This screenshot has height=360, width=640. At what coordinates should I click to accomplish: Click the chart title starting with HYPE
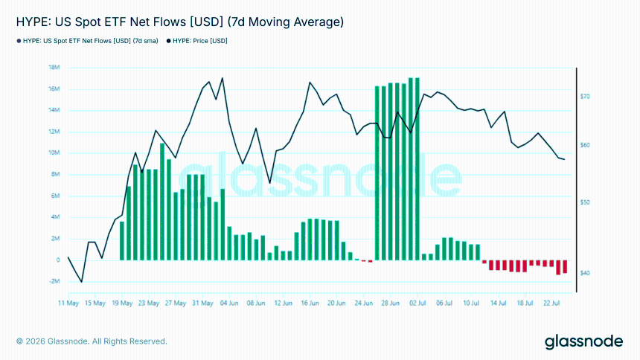(x=180, y=22)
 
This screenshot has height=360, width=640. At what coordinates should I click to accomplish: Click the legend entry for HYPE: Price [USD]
(x=196, y=41)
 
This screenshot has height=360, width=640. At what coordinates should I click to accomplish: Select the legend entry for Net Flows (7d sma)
(x=87, y=41)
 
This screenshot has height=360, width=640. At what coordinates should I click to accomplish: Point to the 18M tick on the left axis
(x=54, y=68)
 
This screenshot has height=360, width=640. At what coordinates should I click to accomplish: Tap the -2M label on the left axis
(x=54, y=281)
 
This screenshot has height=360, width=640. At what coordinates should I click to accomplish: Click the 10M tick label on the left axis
(x=54, y=152)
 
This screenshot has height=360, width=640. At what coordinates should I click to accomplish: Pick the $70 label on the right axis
(x=585, y=97)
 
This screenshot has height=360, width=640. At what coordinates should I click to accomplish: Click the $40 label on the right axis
(x=585, y=273)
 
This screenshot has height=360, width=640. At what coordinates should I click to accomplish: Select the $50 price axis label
(x=585, y=202)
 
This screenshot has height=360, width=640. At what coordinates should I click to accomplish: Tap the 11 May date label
(x=68, y=303)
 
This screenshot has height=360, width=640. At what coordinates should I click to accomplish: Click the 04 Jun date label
(x=229, y=303)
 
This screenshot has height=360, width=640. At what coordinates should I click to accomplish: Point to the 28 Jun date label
(x=390, y=303)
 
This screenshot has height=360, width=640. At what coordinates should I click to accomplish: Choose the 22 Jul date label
(x=551, y=303)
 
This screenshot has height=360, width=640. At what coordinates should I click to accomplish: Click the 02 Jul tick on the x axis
(x=417, y=303)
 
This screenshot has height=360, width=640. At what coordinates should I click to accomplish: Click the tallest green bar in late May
(x=162, y=202)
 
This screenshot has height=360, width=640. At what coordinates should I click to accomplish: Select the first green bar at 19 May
(x=121, y=241)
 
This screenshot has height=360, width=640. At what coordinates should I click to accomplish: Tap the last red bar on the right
(x=565, y=266)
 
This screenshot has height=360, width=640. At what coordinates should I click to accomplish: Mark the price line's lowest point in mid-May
(x=82, y=282)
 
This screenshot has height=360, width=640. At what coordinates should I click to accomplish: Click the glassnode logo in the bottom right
(x=583, y=341)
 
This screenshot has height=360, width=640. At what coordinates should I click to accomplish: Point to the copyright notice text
(x=92, y=341)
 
